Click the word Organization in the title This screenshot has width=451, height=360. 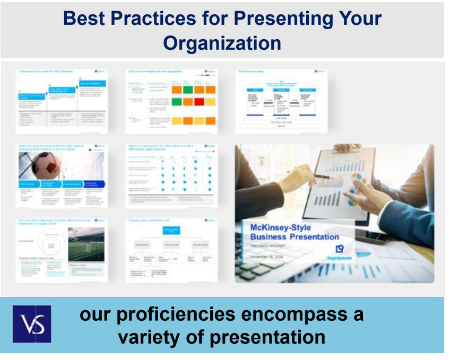222,42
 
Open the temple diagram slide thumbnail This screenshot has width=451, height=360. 281,101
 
